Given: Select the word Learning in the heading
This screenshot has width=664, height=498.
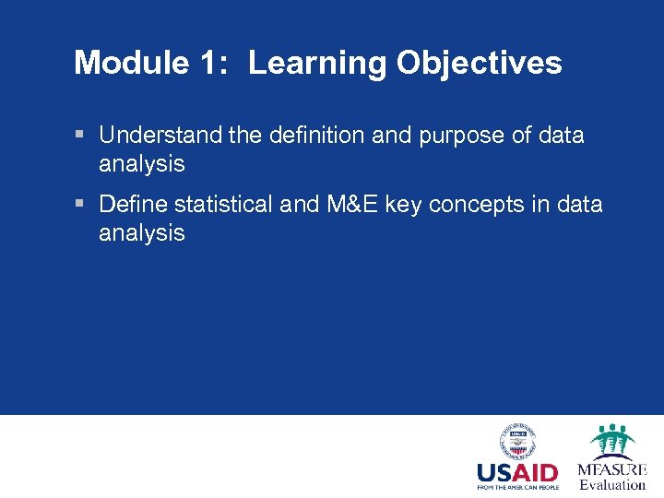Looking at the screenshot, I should (317, 63).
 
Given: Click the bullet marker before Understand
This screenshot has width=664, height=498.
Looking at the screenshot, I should (80, 136).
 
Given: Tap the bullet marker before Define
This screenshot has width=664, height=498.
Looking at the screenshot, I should (80, 204).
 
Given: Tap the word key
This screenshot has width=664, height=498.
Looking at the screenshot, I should (403, 204).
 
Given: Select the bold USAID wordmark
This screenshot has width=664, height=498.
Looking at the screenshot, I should (516, 474).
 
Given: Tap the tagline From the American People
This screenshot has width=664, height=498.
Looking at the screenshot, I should (516, 488).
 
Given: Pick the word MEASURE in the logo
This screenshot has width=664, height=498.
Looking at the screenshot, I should (612, 469).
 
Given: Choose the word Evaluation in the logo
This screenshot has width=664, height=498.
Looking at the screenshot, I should (612, 484).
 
